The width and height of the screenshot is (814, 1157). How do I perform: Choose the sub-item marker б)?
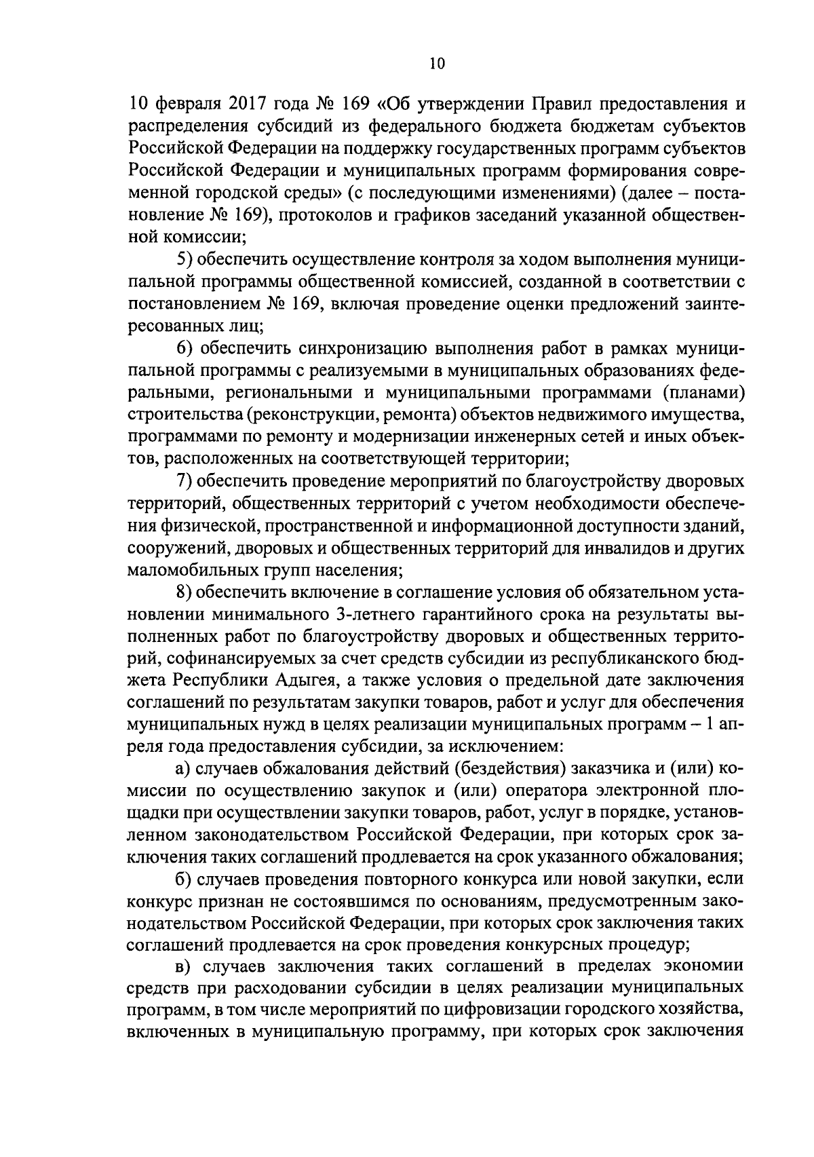point(182,879)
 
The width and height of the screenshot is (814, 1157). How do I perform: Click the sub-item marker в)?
point(181,968)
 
